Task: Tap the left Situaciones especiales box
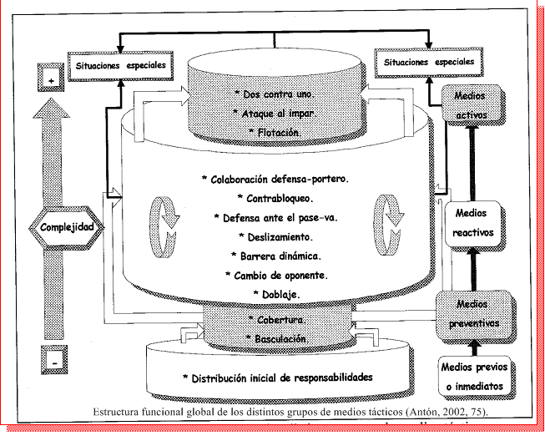pos(119,64)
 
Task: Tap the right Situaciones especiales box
pos(429,62)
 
